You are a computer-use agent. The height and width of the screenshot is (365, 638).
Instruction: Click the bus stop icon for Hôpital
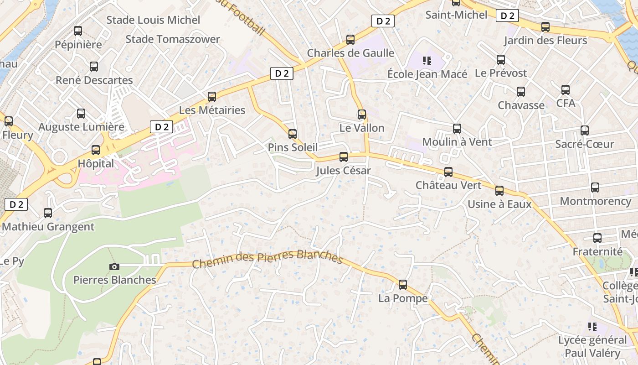point(96,150)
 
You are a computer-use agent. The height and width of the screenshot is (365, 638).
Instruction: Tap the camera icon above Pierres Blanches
point(114,266)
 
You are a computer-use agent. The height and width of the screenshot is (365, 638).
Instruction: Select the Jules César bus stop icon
point(344,157)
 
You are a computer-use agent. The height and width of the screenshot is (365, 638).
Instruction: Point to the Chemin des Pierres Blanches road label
point(267,259)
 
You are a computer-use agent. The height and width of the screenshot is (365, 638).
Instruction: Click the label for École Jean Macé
point(427,74)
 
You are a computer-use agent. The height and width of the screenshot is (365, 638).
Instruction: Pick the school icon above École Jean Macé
point(427,60)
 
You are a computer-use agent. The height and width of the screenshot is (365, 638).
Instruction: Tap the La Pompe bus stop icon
point(403,285)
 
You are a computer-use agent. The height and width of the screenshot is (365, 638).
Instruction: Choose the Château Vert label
point(448,185)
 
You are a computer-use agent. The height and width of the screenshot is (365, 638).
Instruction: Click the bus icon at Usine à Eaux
point(499,191)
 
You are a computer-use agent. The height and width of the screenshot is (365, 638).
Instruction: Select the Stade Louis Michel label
point(153,20)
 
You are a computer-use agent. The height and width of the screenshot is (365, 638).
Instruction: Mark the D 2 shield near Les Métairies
point(282,73)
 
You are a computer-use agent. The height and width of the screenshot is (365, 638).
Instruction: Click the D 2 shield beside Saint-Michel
point(507,16)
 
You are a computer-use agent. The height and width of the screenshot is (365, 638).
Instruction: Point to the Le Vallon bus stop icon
point(362,115)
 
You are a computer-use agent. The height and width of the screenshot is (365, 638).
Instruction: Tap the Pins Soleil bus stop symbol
point(293,134)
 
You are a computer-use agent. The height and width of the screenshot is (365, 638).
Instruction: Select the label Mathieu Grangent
point(48,227)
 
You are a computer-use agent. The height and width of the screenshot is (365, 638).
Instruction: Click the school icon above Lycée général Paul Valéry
point(592,326)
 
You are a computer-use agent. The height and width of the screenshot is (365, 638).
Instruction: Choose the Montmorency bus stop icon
point(595,188)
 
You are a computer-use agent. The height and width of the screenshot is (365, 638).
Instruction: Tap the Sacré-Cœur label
point(585,144)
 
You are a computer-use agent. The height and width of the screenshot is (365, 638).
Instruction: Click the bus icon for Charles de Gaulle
point(350,40)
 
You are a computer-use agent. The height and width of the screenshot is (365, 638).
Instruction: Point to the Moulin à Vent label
point(457,142)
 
